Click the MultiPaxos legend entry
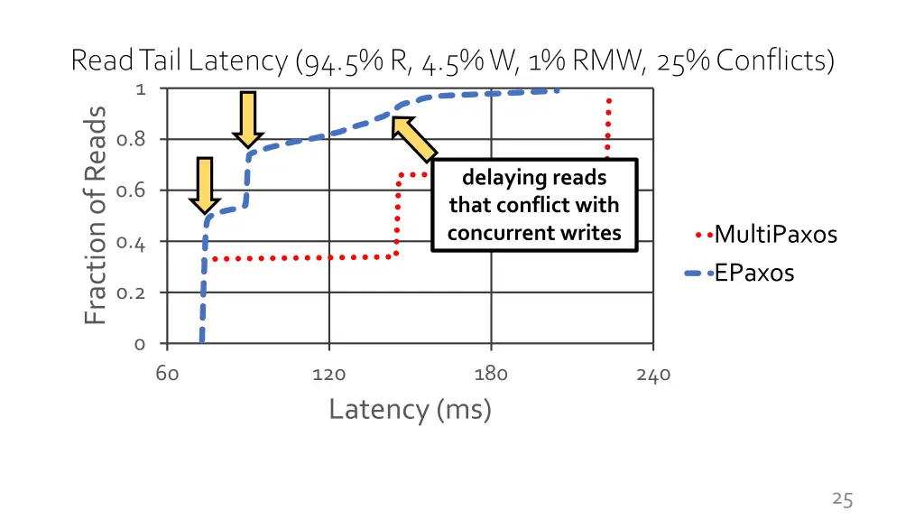pos(766,235)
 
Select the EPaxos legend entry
pos(740,273)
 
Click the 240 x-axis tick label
pos(653,375)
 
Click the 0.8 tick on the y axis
pos(131,140)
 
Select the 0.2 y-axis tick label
pos(131,292)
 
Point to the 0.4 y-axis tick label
pos(131,242)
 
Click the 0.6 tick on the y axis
pos(131,190)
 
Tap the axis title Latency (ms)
pos(411,410)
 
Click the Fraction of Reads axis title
pos(95,215)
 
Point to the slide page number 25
pos(842,499)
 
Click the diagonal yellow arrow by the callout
pos(414,140)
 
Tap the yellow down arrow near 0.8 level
pos(248,120)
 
